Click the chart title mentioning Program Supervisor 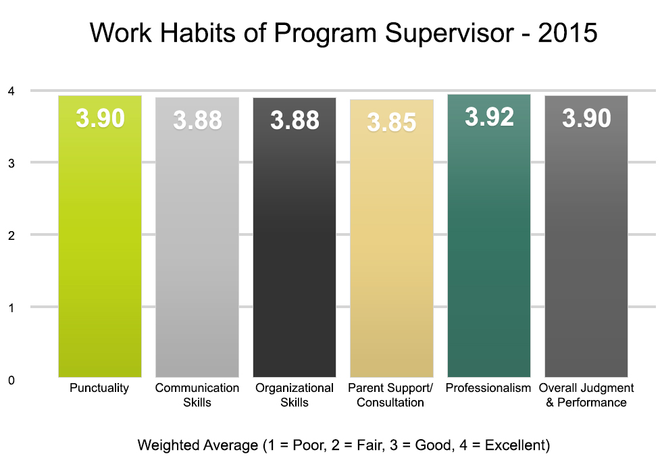pos(344,33)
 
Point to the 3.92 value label pos(489,118)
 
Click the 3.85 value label pos(392,123)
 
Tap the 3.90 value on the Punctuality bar pos(100,119)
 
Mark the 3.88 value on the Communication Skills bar pos(197,120)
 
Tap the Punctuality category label pos(99,389)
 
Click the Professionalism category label pos(488,389)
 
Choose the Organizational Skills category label pos(295,395)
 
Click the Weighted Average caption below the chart pos(344,445)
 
